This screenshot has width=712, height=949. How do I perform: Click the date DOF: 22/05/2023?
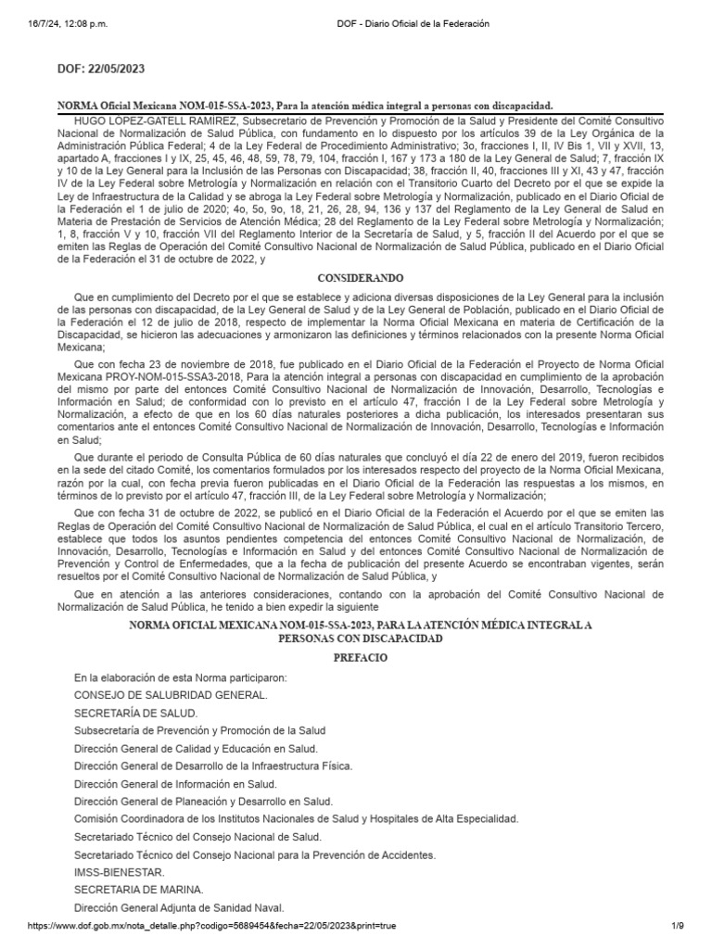tap(101, 69)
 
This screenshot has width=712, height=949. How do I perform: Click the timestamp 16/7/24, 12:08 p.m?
tap(56, 22)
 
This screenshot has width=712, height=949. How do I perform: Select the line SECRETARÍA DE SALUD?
tap(135, 713)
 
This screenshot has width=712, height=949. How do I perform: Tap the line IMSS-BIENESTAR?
tap(120, 872)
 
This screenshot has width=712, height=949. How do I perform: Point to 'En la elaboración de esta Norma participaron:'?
tap(181, 677)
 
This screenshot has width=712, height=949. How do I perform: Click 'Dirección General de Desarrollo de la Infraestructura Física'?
tap(213, 766)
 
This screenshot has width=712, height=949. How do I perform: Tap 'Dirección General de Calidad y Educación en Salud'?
tap(196, 748)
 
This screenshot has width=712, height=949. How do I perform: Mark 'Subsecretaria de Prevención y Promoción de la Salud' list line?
tap(199, 730)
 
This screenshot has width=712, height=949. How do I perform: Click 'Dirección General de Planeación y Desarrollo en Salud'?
tap(204, 801)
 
